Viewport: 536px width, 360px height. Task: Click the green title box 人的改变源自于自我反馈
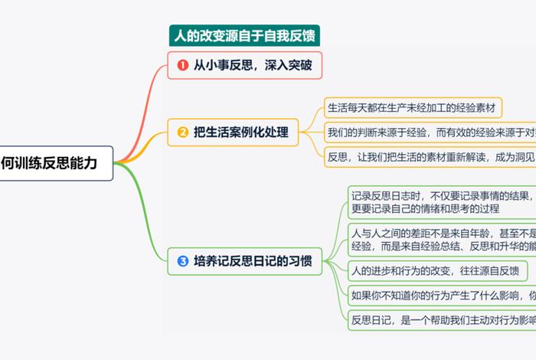pyautogui.click(x=244, y=36)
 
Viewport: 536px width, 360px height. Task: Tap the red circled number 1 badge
pyautogui.click(x=182, y=66)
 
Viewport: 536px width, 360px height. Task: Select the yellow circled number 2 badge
pyautogui.click(x=182, y=133)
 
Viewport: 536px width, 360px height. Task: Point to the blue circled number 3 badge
pyautogui.click(x=182, y=261)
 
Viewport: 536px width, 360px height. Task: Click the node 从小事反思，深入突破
pyautogui.click(x=245, y=66)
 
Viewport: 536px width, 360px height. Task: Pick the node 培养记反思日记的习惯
pyautogui.click(x=245, y=261)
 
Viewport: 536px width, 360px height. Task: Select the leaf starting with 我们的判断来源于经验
pyautogui.click(x=429, y=131)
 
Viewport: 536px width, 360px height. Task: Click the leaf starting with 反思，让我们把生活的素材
pyautogui.click(x=429, y=156)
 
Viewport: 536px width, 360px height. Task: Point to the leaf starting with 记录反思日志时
pyautogui.click(x=440, y=201)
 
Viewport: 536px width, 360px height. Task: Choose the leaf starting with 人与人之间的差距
pyautogui.click(x=440, y=239)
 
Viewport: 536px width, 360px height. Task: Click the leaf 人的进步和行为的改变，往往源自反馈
pyautogui.click(x=435, y=270)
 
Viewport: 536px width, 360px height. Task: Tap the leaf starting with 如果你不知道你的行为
pyautogui.click(x=440, y=295)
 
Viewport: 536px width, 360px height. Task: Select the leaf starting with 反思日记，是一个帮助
pyautogui.click(x=440, y=320)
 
